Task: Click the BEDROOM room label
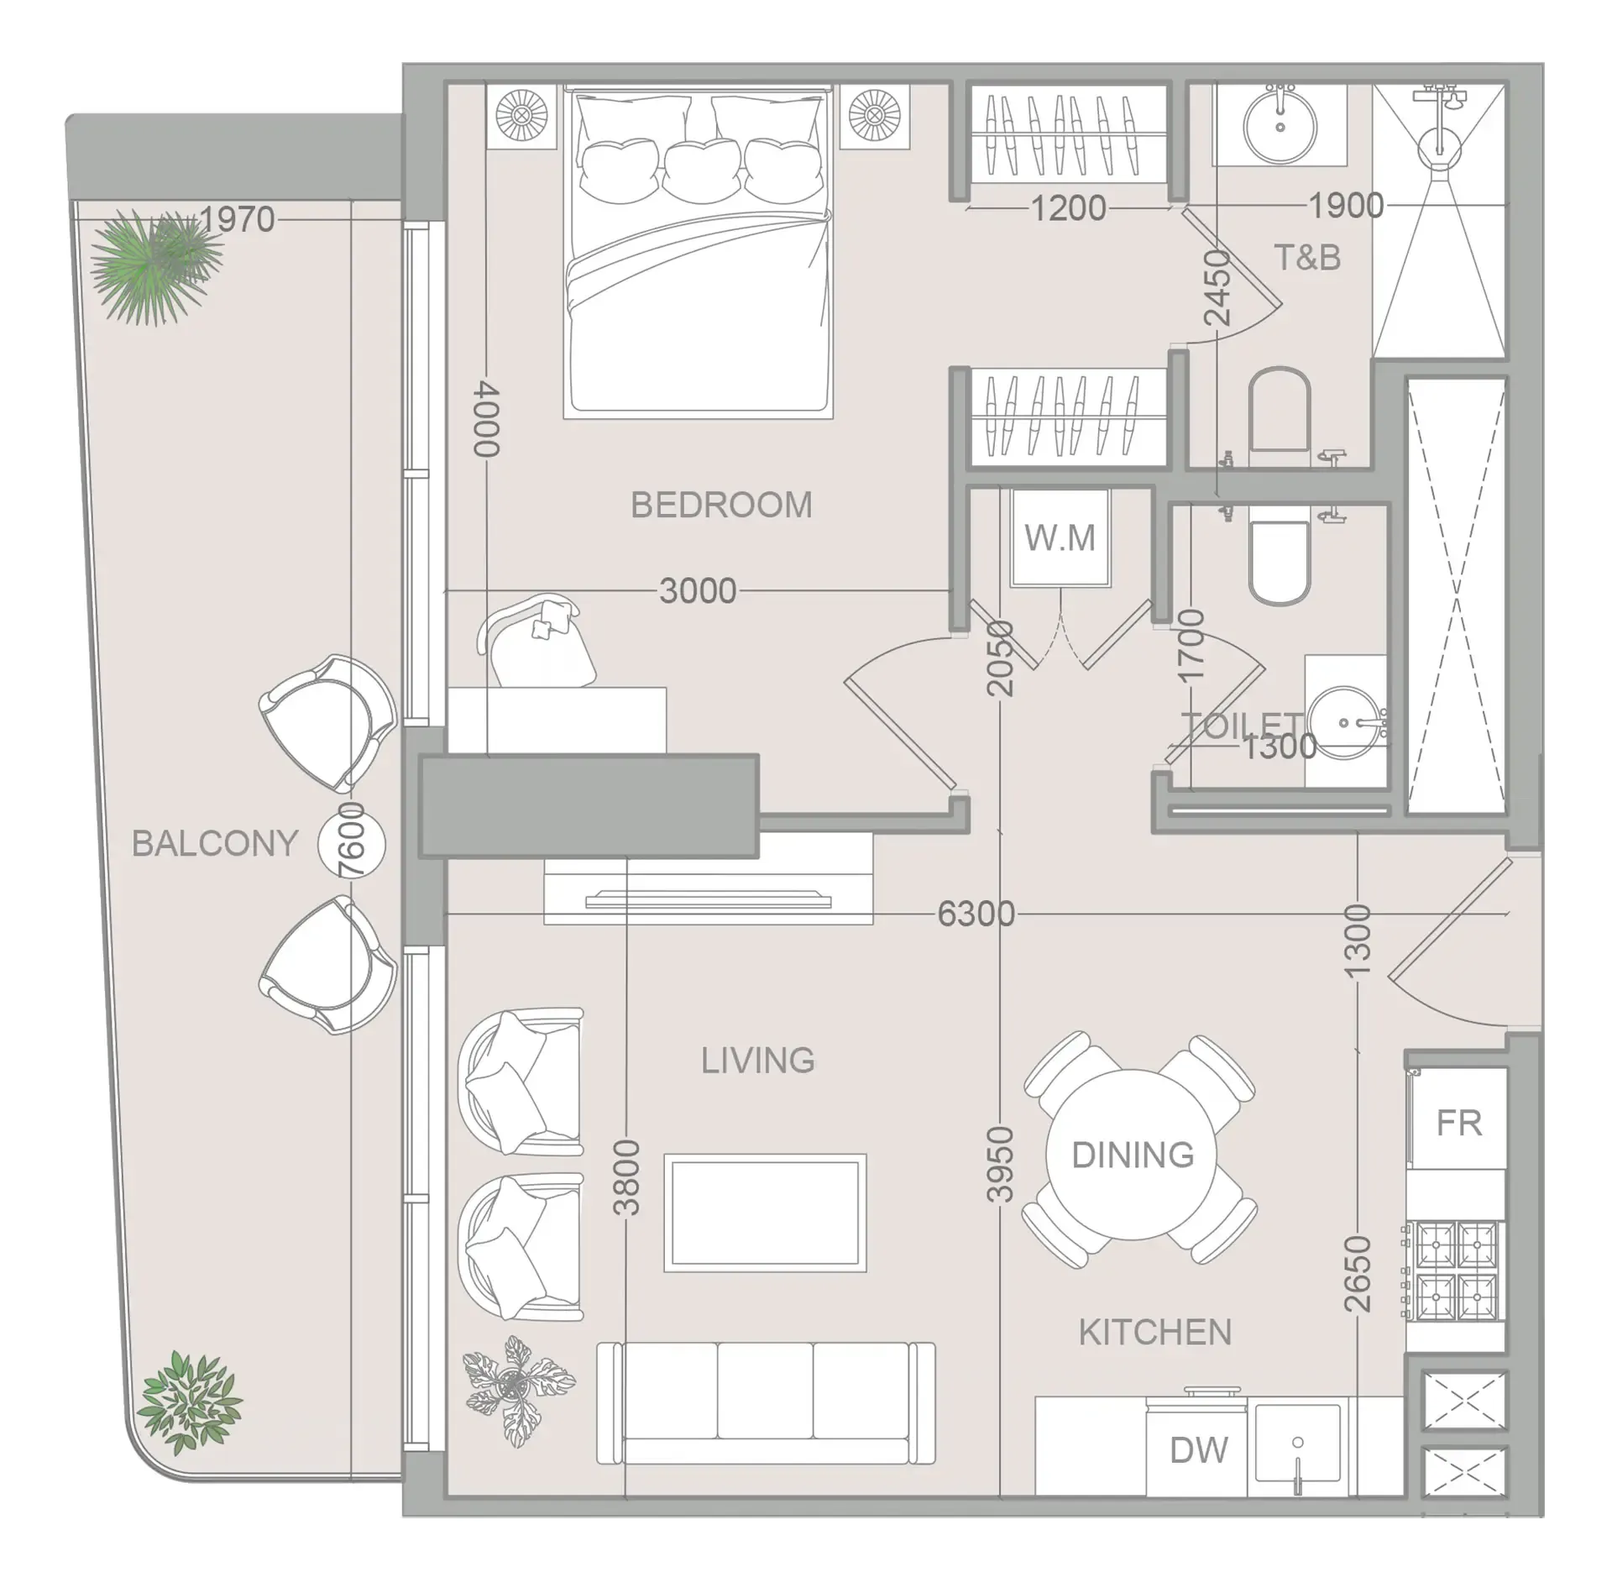pos(721,506)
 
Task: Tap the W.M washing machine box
pos(1060,538)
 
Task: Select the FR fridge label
pos(1459,1124)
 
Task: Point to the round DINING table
pos(1133,1155)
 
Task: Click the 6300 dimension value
pos(976,914)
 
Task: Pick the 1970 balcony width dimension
pos(238,220)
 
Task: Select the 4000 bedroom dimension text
pos(487,419)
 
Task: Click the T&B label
pos(1307,258)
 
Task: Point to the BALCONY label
pos(215,843)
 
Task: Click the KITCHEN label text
pos(1154,1333)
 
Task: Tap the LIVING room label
pos(757,1061)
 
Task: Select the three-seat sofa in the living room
pos(766,1404)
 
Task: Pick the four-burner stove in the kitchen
pos(1456,1271)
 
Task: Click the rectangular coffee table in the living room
pos(765,1213)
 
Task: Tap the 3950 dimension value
pos(1000,1164)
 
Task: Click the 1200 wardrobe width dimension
pos(1068,208)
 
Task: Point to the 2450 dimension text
pos(1217,288)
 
